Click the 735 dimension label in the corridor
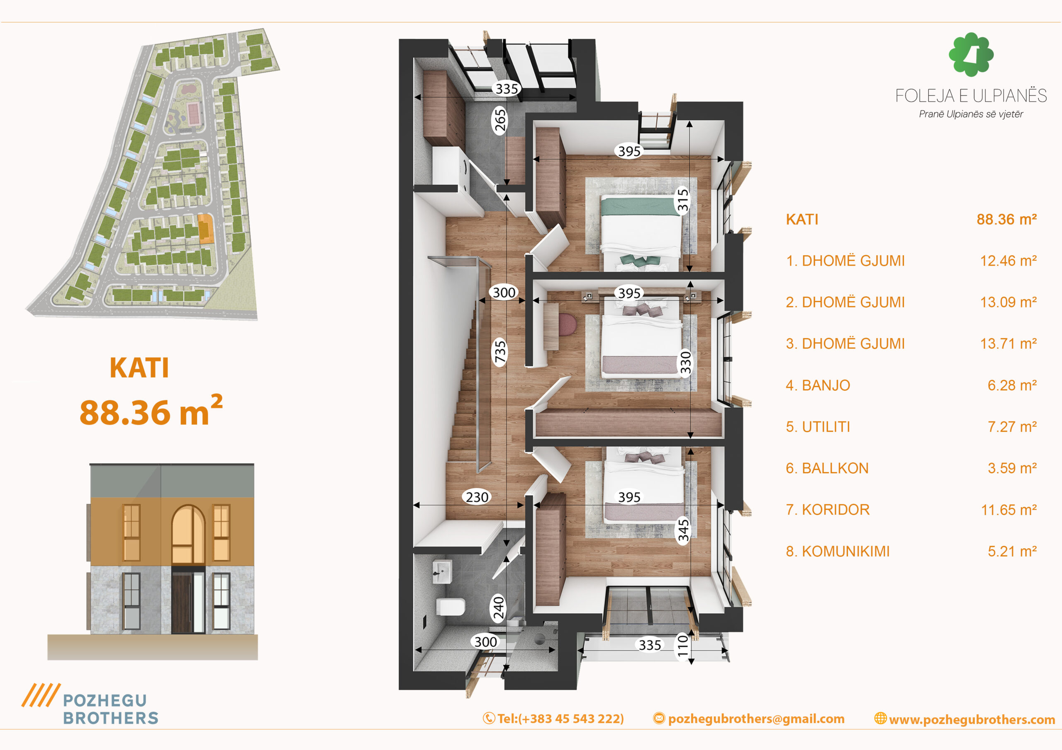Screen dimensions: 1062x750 coord(500,352)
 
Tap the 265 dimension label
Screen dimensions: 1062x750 coord(499,121)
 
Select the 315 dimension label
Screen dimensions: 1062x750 coord(683,200)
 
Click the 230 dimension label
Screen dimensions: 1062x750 coord(477,497)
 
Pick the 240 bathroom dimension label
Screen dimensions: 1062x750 coord(499,608)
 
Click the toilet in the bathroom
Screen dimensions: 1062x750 coord(451,606)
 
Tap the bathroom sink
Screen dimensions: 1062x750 coord(442,572)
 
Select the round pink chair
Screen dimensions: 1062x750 coord(568,325)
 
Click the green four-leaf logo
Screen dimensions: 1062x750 coord(971,54)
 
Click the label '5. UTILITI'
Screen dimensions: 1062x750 coord(818,426)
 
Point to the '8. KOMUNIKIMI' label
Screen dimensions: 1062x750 coord(838,551)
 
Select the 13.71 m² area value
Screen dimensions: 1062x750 coord(1008,344)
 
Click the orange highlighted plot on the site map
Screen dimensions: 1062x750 coord(205,228)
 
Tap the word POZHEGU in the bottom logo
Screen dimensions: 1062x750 coord(105,701)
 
